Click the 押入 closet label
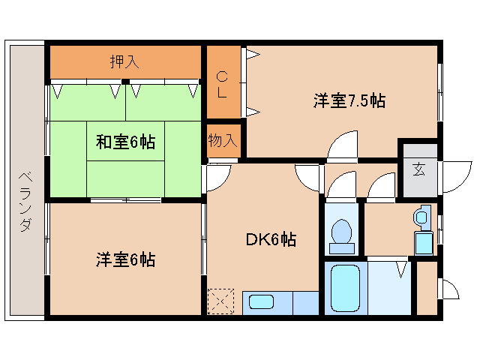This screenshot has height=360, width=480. point(124,62)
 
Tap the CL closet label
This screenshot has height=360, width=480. point(223,83)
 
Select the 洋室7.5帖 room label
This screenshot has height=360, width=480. point(349,100)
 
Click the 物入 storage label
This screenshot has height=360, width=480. point(223,140)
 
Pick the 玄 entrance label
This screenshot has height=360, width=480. point(417,169)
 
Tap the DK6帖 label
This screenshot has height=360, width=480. point(271,240)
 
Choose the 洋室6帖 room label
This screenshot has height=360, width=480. point(125,260)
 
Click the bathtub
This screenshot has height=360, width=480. point(346,289)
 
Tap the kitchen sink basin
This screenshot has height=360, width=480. point(262,303)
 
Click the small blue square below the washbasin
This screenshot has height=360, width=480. point(424,243)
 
